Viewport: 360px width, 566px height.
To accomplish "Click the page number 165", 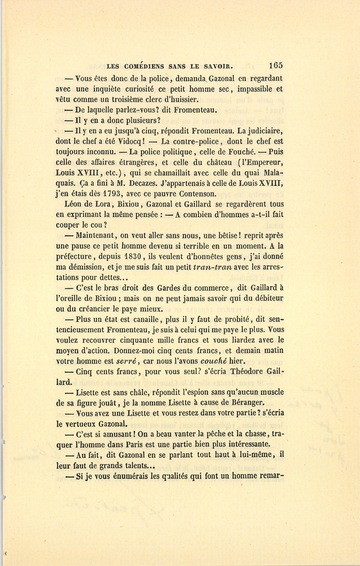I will tap(276, 65).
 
